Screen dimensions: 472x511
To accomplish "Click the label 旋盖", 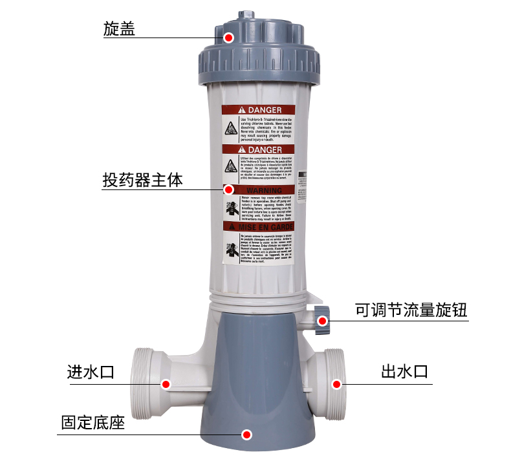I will coord(119,29).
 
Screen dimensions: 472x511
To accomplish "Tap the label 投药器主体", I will coord(142,180).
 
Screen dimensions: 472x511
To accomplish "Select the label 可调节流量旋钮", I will coord(411,310).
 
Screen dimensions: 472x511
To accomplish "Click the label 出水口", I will coord(404,372).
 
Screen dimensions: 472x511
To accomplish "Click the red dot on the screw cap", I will coord(228,38).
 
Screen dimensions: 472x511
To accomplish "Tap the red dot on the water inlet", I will coord(166,384).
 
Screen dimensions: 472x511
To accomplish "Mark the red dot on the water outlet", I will coord(336,384).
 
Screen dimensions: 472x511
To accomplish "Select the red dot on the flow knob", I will coord(321,319).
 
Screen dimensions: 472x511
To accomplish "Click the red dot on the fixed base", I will coord(246,434).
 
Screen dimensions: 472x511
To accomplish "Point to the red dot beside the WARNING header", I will coord(228,189).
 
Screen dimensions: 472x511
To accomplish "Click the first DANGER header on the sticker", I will coord(259,111).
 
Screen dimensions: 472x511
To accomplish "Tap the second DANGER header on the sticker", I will coord(259,150).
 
